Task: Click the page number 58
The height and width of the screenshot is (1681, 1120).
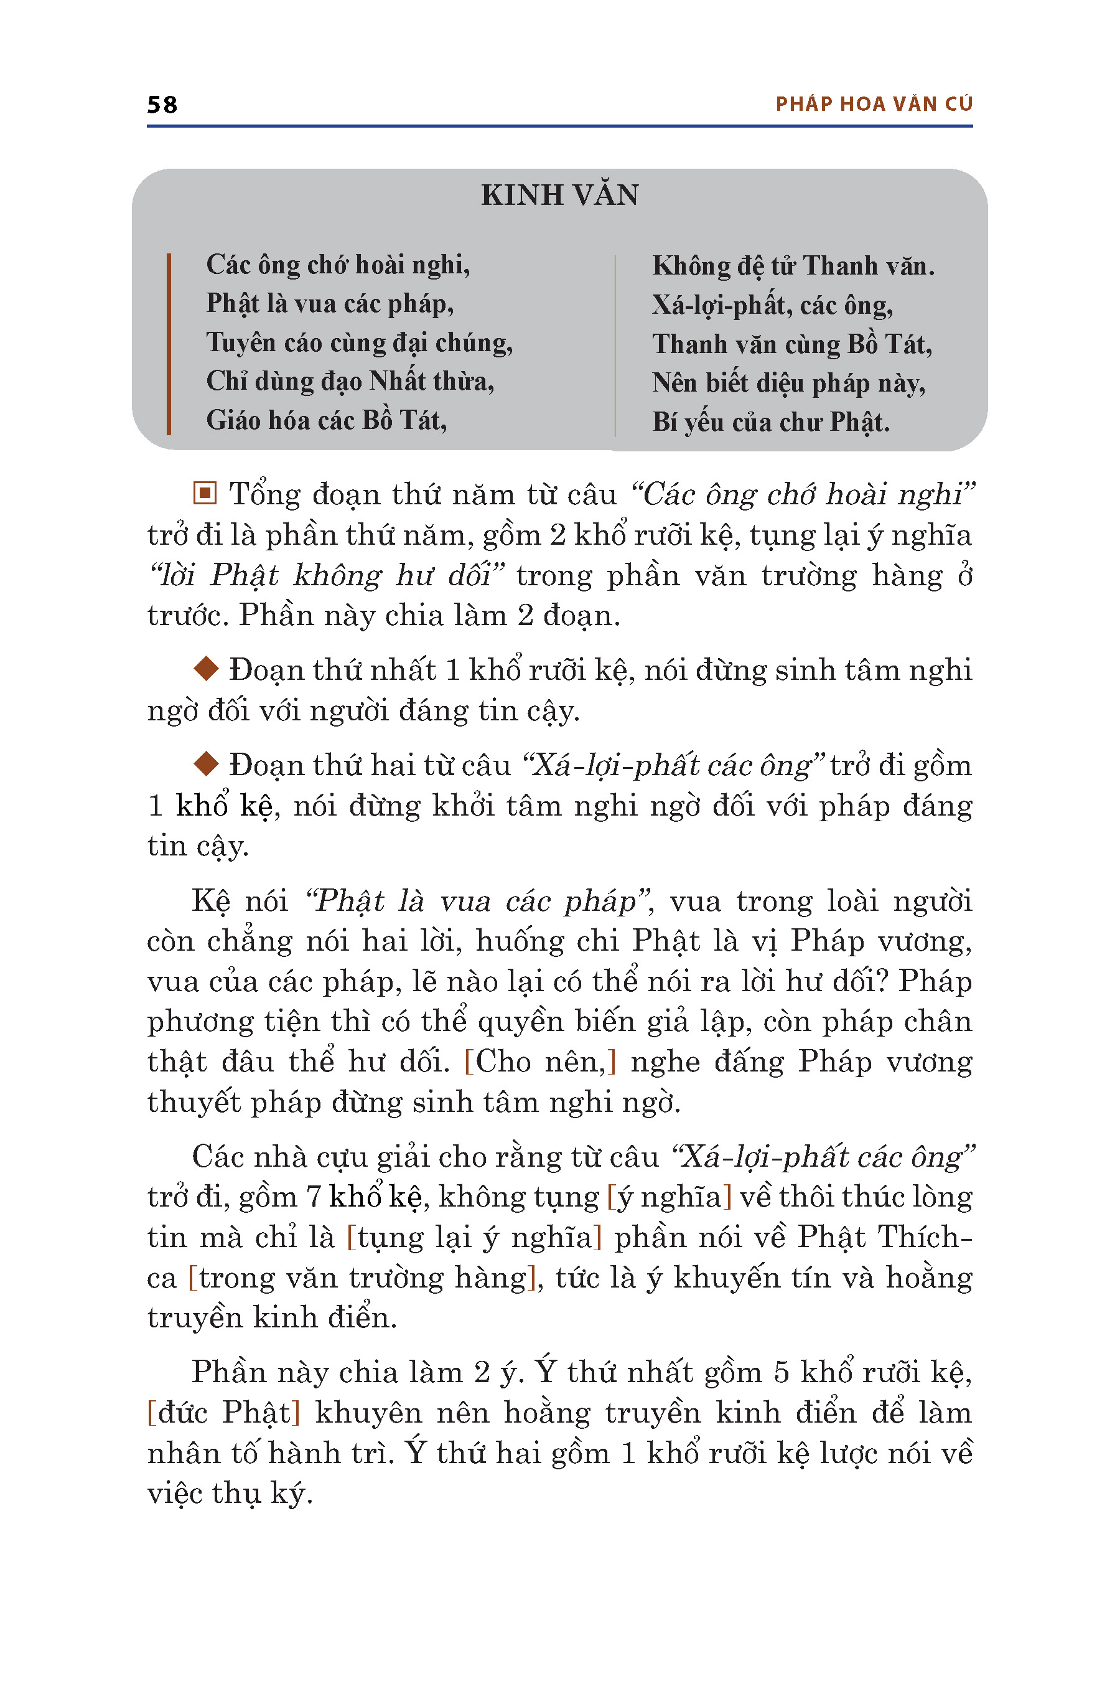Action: coord(162,105)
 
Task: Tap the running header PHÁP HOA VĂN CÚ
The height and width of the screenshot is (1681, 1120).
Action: coord(874,105)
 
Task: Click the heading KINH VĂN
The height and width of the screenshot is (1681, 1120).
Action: coord(559,195)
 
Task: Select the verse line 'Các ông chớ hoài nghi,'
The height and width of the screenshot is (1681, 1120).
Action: coord(338,265)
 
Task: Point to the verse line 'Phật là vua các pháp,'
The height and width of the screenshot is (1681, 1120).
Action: coord(330,304)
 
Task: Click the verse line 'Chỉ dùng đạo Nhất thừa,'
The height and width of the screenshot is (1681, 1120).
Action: coord(350,381)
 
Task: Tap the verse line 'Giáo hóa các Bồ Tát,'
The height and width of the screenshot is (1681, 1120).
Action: coord(327,420)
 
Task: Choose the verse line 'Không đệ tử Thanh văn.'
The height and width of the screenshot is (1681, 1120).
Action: coord(793,266)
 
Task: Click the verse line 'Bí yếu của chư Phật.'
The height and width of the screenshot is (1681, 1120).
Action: coord(771,422)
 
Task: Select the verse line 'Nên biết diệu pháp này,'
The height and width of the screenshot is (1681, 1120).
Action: coord(788,384)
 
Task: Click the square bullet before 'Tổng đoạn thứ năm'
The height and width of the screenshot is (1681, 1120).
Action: coord(204,493)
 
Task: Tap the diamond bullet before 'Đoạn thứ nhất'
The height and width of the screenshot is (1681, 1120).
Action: coord(206,669)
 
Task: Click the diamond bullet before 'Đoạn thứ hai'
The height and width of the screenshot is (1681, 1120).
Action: coord(206,763)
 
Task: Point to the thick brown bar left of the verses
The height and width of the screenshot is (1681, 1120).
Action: coord(169,343)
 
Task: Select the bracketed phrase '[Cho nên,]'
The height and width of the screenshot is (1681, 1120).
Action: coord(540,1062)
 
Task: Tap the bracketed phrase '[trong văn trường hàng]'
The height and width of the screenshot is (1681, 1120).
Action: coord(362,1277)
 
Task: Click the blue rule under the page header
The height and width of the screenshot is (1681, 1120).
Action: coord(559,126)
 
